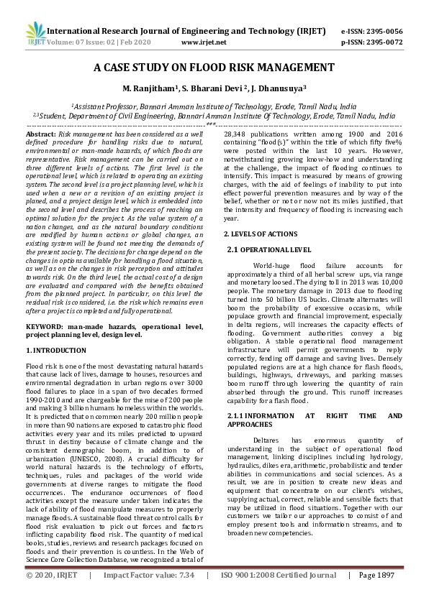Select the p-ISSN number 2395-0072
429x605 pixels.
pyautogui.click(x=381, y=42)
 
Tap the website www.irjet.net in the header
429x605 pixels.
pyautogui.click(x=204, y=42)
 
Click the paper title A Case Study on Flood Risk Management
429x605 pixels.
pyautogui.click(x=214, y=68)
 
